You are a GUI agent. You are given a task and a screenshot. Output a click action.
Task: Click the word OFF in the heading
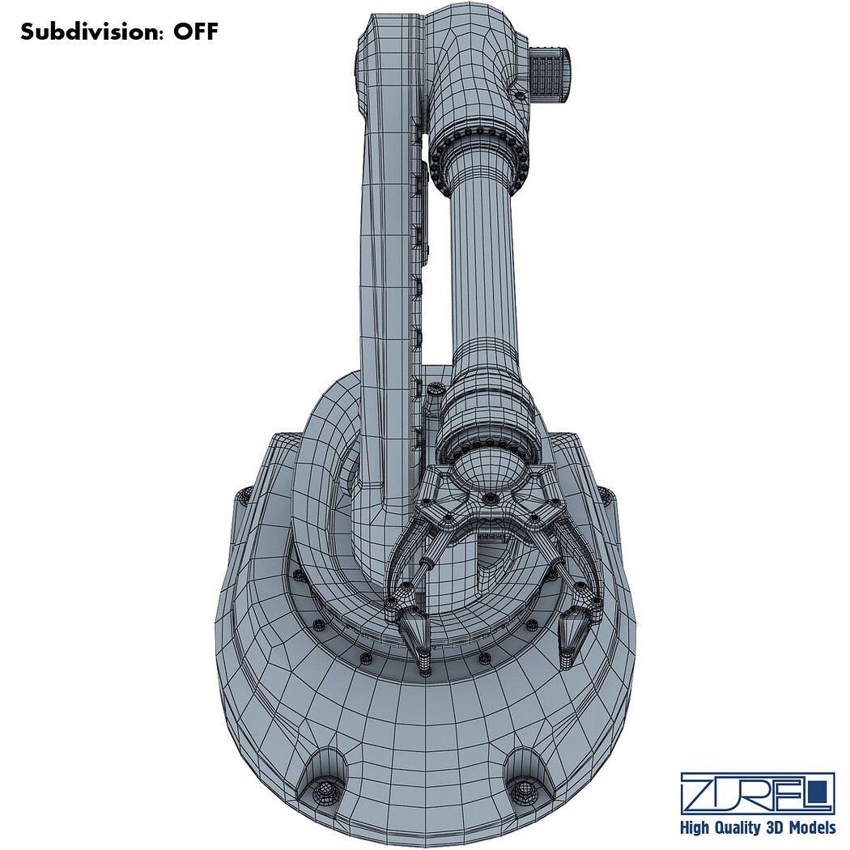tap(195, 32)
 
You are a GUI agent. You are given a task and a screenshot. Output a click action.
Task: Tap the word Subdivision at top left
tap(89, 32)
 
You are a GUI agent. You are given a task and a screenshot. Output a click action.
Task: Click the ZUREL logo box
tap(757, 793)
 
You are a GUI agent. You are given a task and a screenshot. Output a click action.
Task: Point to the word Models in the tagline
tap(813, 827)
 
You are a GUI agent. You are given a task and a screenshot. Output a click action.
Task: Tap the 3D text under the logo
tap(776, 827)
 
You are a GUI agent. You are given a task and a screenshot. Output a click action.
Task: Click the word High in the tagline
tap(694, 828)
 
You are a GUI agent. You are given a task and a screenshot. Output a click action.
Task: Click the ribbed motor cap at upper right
tap(549, 74)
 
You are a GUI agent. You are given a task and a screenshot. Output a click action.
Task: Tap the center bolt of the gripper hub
tap(491, 498)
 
